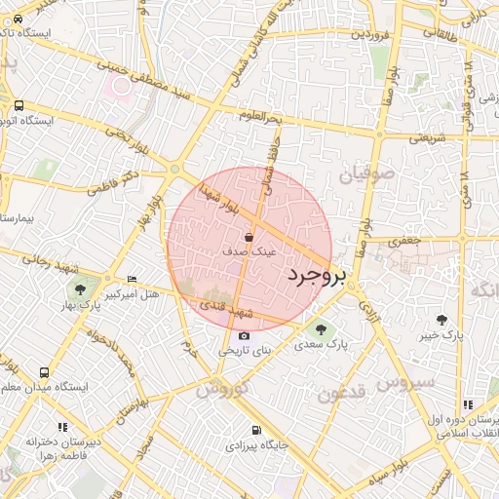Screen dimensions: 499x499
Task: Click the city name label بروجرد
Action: point(317,277)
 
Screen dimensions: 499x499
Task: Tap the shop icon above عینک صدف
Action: point(249,237)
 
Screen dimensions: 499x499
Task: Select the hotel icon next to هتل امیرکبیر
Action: point(133,279)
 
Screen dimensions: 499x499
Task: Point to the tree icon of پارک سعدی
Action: point(322,329)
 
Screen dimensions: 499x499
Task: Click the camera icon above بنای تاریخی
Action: point(244,336)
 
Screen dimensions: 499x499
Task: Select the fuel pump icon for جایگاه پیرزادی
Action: point(255,430)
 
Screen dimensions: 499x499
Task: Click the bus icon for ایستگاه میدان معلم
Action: point(45,372)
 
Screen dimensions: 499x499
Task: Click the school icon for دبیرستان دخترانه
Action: point(64,427)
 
